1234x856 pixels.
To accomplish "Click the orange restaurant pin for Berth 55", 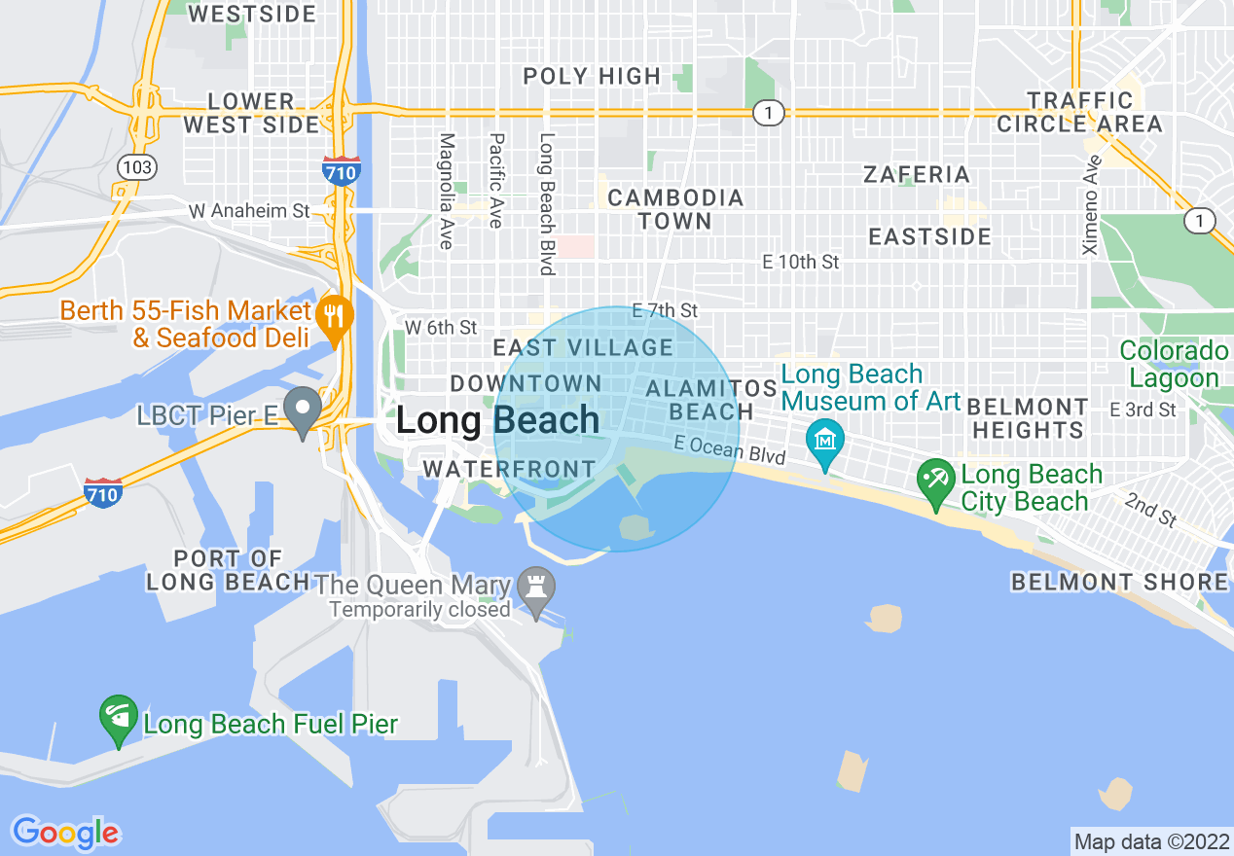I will click(x=334, y=313).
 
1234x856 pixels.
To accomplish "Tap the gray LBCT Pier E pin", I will click(x=303, y=409).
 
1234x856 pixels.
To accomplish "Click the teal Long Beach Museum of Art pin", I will click(x=825, y=440).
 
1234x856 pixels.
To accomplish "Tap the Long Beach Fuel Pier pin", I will click(x=118, y=718).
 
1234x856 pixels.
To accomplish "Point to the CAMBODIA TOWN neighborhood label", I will click(x=675, y=209).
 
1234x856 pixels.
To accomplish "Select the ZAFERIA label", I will click(x=917, y=175).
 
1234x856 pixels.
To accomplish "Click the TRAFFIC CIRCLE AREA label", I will click(x=1079, y=112).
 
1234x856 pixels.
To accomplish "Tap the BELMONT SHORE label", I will click(x=1119, y=582).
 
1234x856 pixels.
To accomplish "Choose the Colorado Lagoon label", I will click(x=1174, y=365).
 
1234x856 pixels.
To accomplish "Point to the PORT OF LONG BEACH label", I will click(x=228, y=571).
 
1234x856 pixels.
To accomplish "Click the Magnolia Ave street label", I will click(x=447, y=191).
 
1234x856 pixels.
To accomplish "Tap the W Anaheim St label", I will click(x=249, y=210).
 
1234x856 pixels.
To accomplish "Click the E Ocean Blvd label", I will click(x=730, y=448).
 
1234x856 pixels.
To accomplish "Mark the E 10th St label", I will click(x=800, y=262).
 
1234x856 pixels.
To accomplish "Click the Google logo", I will click(x=66, y=832).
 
